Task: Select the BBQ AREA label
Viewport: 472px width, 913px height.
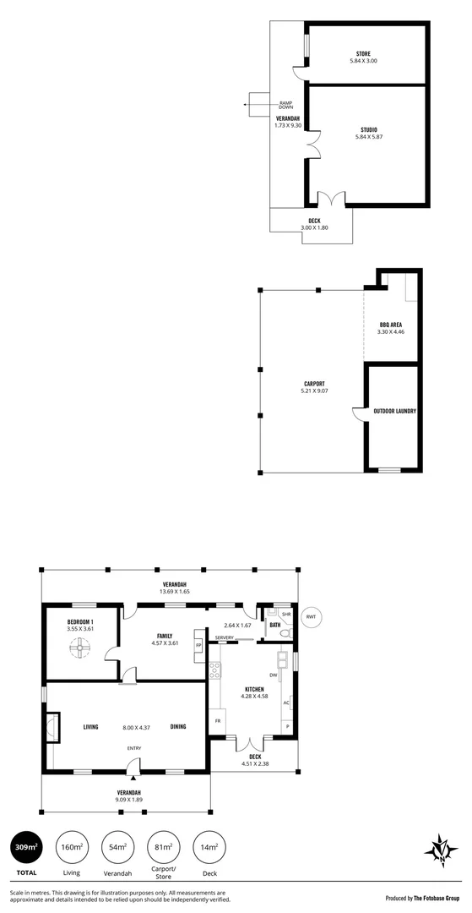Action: click(390, 325)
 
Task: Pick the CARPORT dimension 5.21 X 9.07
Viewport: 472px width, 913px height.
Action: click(312, 391)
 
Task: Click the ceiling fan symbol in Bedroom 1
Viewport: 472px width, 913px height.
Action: click(81, 648)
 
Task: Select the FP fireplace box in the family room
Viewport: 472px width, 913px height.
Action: click(198, 644)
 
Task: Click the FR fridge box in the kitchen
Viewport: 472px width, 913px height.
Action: click(219, 721)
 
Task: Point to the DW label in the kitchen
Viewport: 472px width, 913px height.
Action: click(273, 675)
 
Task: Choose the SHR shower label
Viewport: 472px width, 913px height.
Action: click(286, 615)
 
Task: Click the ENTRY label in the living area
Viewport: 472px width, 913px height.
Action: click(133, 747)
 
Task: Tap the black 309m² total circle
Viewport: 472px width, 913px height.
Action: click(26, 847)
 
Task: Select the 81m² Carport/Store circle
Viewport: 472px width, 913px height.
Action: click(164, 847)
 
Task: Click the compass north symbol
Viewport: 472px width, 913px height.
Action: click(440, 849)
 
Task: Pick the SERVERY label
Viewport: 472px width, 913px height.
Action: click(225, 637)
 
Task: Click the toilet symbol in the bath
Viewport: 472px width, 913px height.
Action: click(285, 631)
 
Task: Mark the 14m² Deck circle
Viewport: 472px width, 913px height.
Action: click(209, 847)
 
